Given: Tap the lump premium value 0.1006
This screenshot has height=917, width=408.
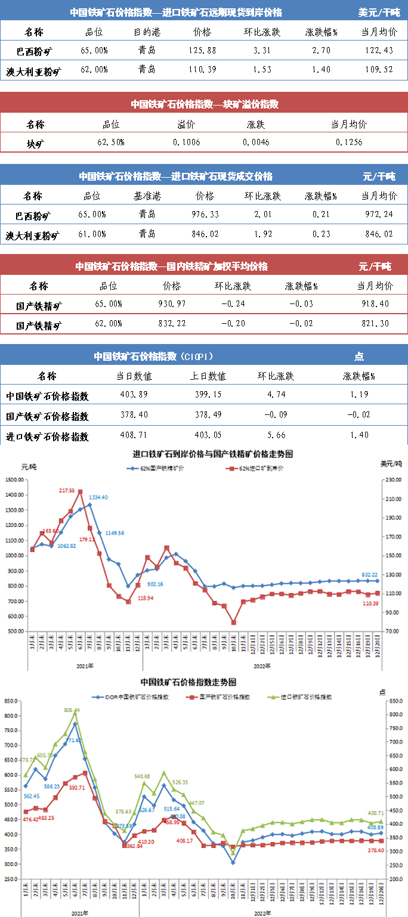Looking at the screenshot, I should tap(186, 142).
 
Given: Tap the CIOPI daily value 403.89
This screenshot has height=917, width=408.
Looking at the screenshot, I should tap(135, 394).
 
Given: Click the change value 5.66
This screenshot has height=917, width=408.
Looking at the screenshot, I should tap(276, 435).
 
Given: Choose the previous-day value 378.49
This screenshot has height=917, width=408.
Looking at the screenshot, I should tap(208, 415).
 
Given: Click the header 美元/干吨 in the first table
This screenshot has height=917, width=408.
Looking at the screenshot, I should tap(379, 12).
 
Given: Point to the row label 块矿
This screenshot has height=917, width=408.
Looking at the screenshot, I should tap(35, 142).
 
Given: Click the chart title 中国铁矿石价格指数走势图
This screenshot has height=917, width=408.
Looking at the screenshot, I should tap(188, 682).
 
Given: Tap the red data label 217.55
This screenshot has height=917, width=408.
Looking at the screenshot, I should tap(67, 490).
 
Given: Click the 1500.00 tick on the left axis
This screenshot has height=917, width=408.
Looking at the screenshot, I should tap(14, 479).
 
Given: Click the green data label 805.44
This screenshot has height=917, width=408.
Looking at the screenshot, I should tap(71, 710).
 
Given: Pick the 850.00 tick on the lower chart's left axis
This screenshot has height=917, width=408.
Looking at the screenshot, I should tap(11, 701).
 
